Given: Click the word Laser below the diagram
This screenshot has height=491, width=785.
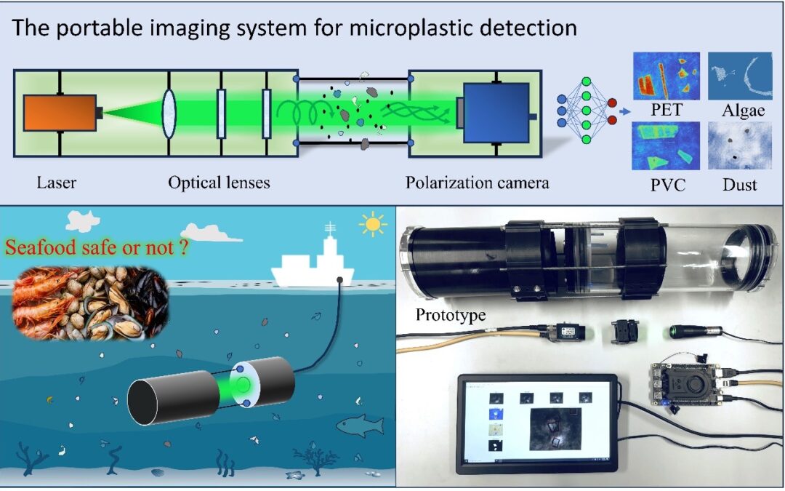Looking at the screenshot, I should [x=56, y=182].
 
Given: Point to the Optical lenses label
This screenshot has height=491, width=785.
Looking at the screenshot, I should [x=219, y=182].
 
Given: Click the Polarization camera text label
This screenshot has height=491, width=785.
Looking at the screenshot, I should [x=477, y=182].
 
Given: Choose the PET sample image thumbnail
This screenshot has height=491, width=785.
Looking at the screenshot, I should [x=666, y=76].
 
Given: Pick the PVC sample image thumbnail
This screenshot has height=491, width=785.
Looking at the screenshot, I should [x=666, y=145].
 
